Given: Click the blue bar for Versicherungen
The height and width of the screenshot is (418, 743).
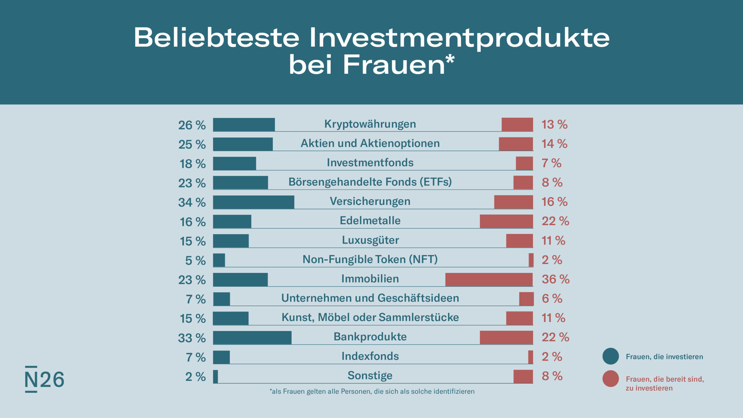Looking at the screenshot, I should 253,202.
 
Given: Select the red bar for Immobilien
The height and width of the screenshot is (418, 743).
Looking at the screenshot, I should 489,280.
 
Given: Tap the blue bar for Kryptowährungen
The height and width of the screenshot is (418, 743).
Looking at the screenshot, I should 244,125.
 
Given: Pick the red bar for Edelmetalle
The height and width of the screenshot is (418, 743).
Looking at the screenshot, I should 506,221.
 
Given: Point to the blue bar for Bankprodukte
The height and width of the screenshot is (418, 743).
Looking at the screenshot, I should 252,338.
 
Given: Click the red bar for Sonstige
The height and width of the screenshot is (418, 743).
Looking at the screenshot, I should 523,376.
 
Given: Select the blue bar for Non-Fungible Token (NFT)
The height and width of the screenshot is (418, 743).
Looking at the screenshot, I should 219,260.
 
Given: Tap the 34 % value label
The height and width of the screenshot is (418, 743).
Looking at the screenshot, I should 192,202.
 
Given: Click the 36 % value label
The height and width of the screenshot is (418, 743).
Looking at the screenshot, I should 556,279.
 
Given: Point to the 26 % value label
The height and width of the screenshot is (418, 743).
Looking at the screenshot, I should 192,125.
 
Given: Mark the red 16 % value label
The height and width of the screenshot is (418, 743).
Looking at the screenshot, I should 554,202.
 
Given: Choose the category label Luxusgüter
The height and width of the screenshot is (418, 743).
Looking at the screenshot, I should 370,240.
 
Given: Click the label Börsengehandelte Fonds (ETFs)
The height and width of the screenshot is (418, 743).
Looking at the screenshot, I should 370,182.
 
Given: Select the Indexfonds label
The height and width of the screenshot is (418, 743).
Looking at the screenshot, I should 370,356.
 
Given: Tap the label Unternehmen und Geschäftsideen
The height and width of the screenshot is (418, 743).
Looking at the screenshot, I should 370,298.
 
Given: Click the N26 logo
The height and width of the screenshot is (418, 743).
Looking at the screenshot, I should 44,379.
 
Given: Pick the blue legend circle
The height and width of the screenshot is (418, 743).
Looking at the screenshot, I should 611,356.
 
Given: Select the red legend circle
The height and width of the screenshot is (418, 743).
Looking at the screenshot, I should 611,379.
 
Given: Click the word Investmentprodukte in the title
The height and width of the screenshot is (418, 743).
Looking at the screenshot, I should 459,38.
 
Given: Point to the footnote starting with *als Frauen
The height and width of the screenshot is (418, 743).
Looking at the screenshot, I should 372,392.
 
